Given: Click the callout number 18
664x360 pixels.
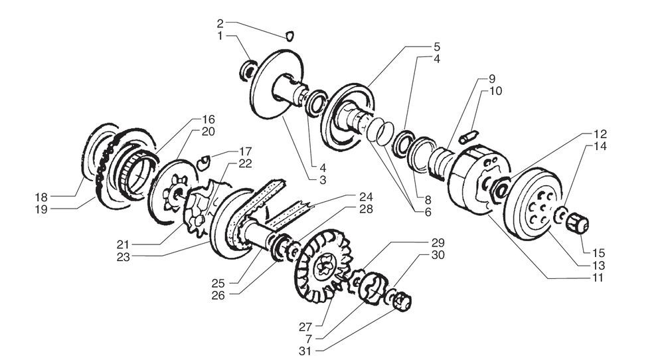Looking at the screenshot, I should pos(42,197).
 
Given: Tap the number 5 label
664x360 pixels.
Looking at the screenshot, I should pos(436,47).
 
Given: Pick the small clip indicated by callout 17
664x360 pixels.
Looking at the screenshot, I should pos(205,159).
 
